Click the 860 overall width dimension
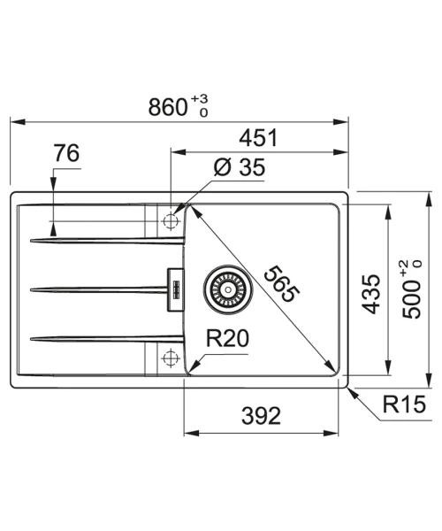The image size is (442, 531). (168, 107)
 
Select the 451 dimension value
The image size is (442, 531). (258, 138)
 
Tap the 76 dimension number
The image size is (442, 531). (66, 153)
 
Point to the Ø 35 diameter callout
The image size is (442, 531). (240, 167)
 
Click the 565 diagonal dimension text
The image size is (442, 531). (281, 284)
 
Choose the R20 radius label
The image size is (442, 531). (227, 338)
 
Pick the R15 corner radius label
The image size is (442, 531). (404, 404)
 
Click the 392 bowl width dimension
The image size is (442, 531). (261, 416)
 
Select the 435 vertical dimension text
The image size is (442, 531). (371, 294)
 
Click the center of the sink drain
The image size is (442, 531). (228, 289)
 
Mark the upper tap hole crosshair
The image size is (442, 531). (171, 220)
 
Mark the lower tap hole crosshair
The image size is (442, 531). (171, 358)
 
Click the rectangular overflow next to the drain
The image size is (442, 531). (176, 289)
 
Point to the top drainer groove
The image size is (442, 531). (108, 241)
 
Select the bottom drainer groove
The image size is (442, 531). (108, 339)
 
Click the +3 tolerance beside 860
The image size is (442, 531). (199, 99)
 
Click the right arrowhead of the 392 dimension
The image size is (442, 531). (331, 433)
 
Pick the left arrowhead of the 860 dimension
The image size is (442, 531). (18, 121)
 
